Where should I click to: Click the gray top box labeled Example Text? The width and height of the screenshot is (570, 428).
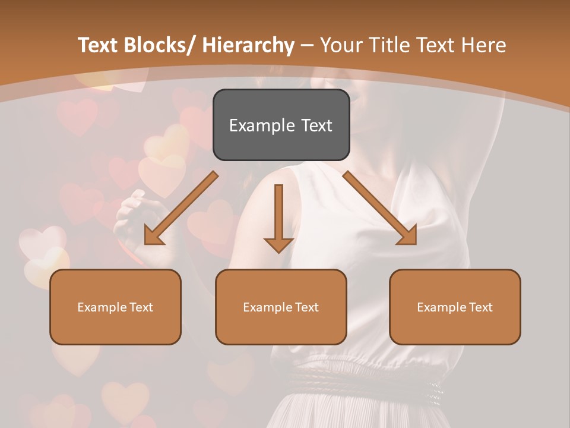pos(281,125)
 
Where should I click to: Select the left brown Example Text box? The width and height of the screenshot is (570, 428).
pos(115,307)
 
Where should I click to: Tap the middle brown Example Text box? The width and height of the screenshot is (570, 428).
pos(281,307)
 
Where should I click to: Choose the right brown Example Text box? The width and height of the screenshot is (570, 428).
pos(455,307)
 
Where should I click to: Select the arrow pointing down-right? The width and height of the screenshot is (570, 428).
pos(381,209)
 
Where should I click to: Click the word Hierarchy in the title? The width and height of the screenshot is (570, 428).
pos(248,45)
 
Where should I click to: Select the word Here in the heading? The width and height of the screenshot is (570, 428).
pos(484,45)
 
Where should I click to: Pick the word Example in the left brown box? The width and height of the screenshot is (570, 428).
pos(102,307)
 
